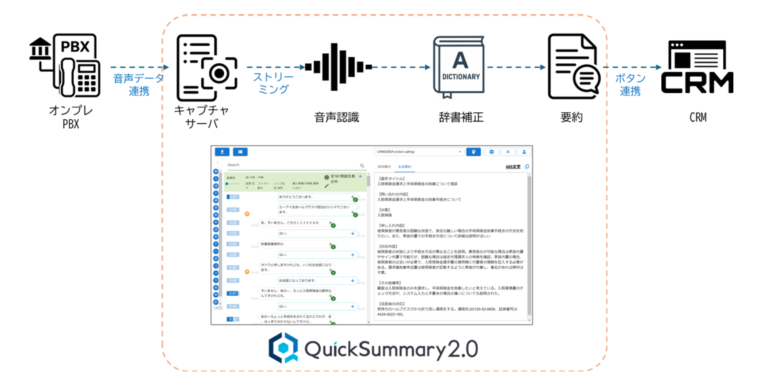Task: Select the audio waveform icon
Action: point(338,67)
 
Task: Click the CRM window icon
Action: point(697,67)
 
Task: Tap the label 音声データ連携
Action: point(138,85)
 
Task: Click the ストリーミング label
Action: point(273,83)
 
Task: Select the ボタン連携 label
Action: point(630,85)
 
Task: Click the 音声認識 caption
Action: point(337,118)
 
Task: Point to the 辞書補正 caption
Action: point(461,118)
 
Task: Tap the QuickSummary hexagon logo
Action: point(284,348)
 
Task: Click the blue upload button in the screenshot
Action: point(222,152)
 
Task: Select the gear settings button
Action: point(491,152)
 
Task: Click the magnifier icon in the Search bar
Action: point(362,165)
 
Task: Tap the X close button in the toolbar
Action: point(507,152)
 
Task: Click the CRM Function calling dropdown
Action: point(419,152)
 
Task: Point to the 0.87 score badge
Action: point(233,293)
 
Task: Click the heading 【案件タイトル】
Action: point(391,179)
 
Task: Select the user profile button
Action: point(524,152)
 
